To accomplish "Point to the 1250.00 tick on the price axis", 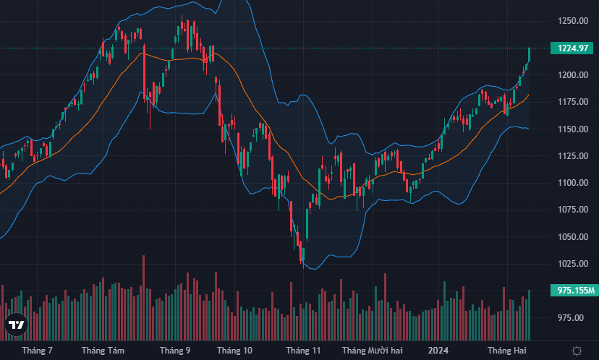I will coord(572,21).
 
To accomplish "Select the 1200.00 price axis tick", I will coord(572,75).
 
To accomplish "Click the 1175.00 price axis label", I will coord(572,102).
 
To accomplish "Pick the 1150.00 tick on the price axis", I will coord(572,129).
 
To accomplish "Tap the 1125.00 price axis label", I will coord(572,156).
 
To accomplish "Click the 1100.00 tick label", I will coord(572,183).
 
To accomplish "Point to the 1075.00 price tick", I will coord(572,210).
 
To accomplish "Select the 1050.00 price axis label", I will coord(572,237).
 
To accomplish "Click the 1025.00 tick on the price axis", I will coord(572,264).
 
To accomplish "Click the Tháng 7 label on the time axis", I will coord(38,351).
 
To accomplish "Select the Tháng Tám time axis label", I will coord(103,351).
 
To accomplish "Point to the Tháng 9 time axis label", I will coord(175,351).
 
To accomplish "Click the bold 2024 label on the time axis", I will coord(438,351).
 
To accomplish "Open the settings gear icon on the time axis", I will coord(577,351).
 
